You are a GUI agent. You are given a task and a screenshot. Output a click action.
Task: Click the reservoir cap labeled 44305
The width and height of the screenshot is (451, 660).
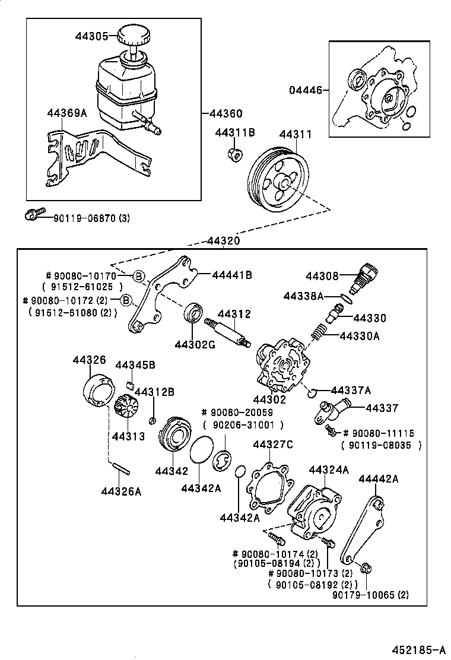point(135,35)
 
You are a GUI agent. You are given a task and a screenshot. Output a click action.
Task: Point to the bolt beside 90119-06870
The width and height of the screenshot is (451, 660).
point(34,215)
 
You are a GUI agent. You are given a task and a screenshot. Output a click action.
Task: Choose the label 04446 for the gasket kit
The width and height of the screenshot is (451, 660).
point(306,90)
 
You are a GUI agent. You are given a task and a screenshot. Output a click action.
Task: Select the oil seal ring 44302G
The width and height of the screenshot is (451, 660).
point(193,313)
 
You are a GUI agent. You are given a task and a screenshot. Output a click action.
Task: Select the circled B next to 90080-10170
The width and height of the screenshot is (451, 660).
point(138,275)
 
